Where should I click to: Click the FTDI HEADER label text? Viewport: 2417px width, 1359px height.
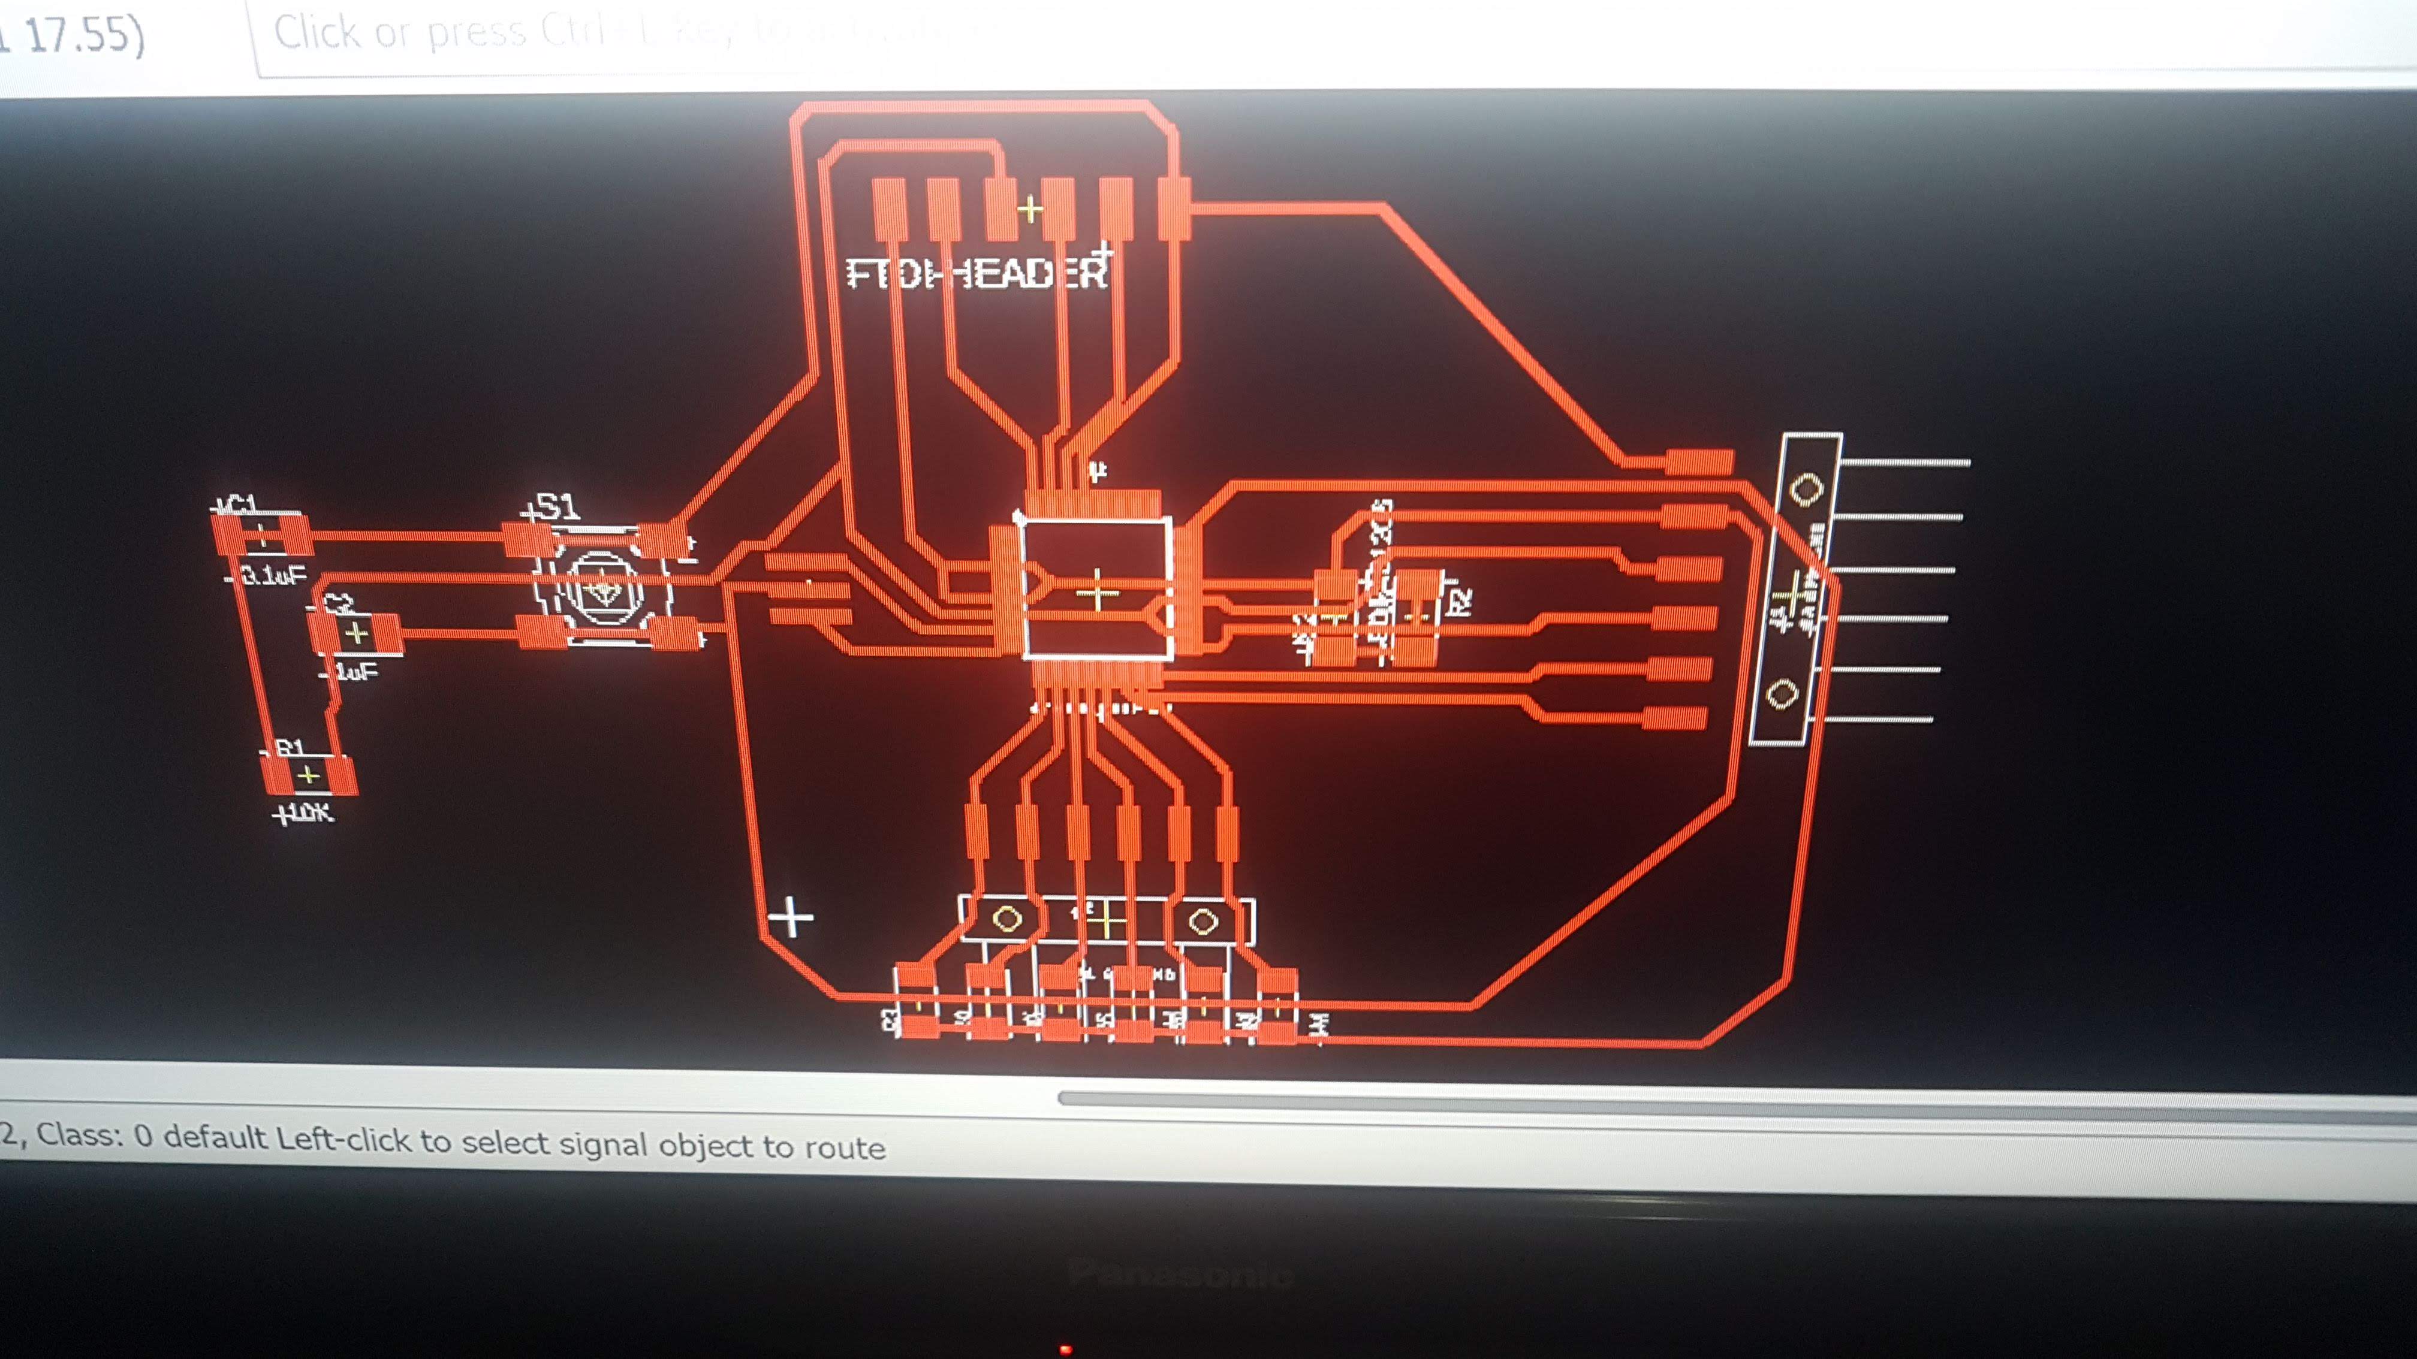pos(976,273)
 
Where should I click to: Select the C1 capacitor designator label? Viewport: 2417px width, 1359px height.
pos(236,506)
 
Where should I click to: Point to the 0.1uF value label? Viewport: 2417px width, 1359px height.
pos(272,575)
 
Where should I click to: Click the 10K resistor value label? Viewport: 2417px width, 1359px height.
pos(304,812)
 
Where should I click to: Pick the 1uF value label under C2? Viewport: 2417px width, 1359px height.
pos(355,672)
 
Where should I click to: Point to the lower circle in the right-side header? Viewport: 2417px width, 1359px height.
pos(1782,694)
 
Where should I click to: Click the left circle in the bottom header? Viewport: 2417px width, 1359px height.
pos(1006,919)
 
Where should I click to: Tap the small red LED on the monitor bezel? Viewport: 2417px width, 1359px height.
pos(1065,1349)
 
